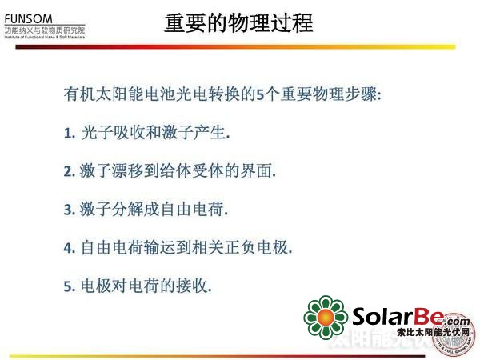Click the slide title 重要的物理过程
click(x=238, y=22)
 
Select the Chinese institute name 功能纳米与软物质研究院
click(x=45, y=30)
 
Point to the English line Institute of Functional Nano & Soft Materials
click(x=45, y=38)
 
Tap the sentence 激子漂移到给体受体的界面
click(x=177, y=171)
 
